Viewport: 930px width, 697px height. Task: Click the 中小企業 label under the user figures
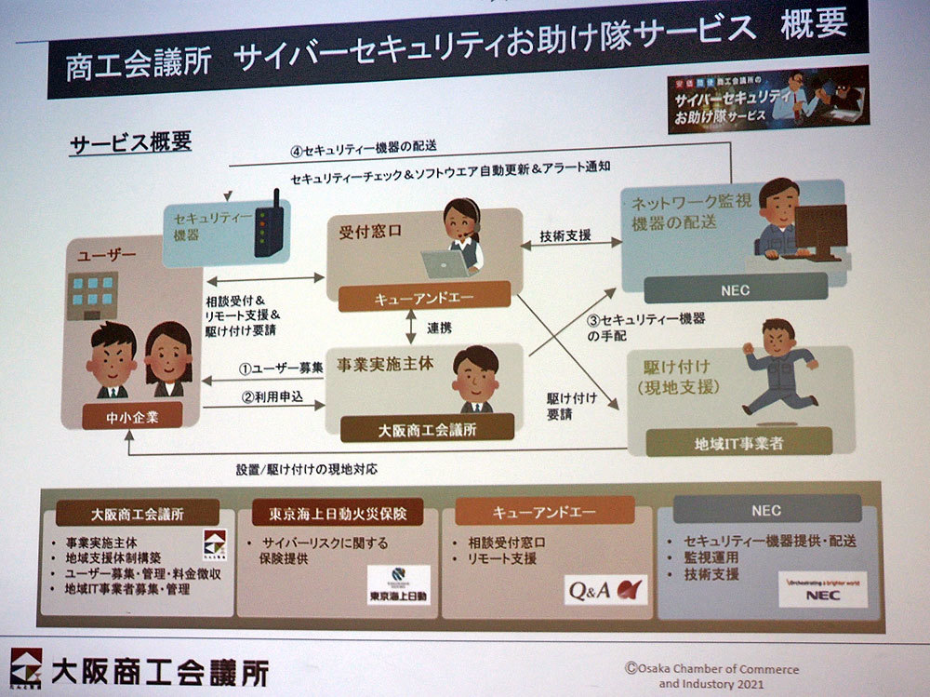[x=132, y=417]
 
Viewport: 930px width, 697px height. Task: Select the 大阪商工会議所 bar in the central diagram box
[x=427, y=430]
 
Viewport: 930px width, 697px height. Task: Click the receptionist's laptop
[x=445, y=263]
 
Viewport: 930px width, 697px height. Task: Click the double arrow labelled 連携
[x=410, y=327]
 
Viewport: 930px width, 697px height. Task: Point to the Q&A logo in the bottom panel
[x=605, y=590]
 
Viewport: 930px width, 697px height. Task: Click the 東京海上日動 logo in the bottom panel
[x=398, y=586]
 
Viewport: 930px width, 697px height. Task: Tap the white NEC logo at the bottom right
[x=822, y=589]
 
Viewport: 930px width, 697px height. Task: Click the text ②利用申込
[x=273, y=395]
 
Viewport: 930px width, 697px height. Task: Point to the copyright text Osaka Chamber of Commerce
[x=711, y=669]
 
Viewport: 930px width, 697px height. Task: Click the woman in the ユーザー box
[x=168, y=359]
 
